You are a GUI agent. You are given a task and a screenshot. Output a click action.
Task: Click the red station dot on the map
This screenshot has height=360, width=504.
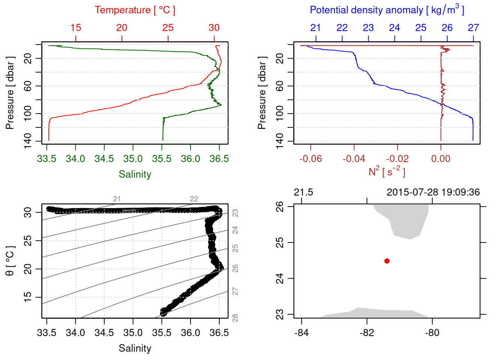tap(387, 261)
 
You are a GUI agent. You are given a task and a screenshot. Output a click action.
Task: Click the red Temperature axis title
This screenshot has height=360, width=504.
tap(135, 10)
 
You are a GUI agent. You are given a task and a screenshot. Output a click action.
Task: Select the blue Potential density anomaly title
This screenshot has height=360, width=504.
tap(387, 10)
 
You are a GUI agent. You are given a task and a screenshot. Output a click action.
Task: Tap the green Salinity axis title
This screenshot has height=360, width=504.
tap(135, 174)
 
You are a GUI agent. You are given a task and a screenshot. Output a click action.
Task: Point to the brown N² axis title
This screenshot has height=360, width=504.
tap(387, 172)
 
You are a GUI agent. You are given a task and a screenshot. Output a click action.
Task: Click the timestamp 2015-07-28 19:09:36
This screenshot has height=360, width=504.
tap(433, 192)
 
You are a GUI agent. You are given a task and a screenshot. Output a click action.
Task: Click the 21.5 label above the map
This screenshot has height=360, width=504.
tap(303, 192)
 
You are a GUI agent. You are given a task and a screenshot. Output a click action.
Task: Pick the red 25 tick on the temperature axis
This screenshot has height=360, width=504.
tap(168, 28)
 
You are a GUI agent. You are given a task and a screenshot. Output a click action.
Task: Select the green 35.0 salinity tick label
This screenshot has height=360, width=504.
tap(133, 159)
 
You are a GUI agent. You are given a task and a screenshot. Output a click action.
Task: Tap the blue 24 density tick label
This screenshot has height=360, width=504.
tap(394, 28)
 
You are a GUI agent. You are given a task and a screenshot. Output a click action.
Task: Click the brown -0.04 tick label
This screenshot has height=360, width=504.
tap(354, 159)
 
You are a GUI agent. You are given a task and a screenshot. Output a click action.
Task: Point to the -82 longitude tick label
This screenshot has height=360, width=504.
tap(367, 333)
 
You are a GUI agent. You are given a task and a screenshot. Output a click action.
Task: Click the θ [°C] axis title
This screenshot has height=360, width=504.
tap(10, 261)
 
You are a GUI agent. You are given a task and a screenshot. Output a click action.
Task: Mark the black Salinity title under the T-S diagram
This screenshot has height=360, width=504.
tap(135, 348)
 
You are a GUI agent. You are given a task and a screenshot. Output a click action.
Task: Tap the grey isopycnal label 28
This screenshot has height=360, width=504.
tap(235, 318)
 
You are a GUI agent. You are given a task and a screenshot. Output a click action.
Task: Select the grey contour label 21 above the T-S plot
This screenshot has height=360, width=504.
tap(117, 199)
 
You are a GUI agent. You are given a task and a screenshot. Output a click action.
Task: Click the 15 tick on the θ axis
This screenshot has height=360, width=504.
tap(28, 297)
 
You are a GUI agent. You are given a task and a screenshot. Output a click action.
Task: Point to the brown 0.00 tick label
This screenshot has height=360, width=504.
tap(441, 159)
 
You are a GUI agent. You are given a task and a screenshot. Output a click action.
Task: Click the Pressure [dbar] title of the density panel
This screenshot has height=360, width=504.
tap(262, 93)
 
